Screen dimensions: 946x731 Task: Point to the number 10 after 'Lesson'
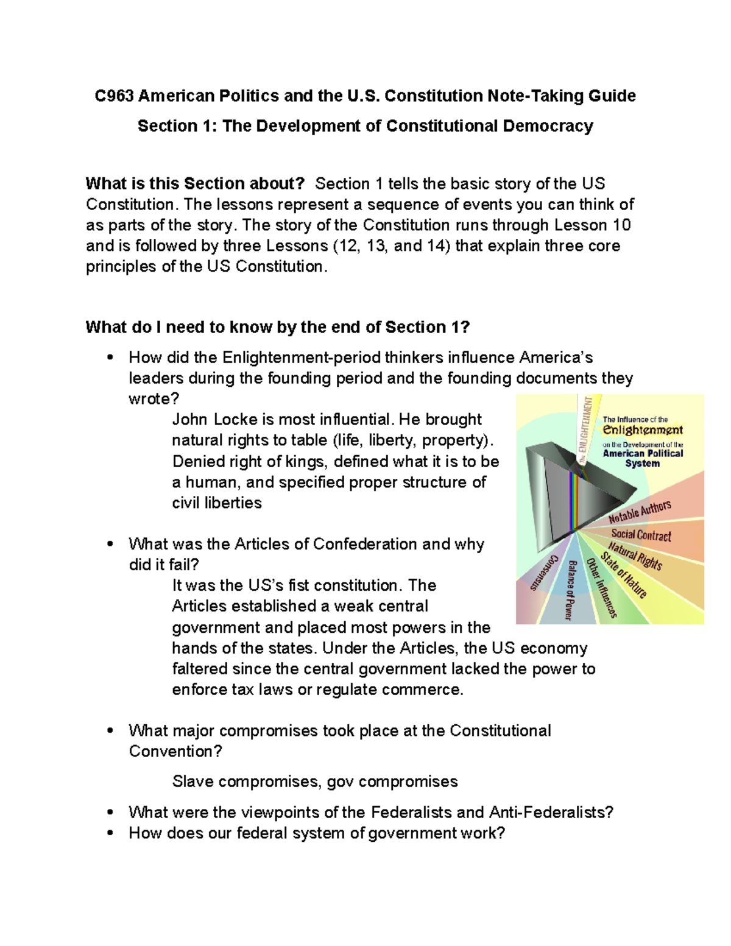622,225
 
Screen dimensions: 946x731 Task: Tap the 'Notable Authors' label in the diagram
640,512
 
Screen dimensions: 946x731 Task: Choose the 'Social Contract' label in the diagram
641,535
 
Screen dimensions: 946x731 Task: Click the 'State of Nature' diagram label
623,574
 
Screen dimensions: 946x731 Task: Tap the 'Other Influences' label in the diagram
601,587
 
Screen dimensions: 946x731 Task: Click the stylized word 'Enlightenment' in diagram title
642,430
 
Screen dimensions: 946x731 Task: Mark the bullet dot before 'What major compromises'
110,731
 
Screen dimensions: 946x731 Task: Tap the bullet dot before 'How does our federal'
110,833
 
